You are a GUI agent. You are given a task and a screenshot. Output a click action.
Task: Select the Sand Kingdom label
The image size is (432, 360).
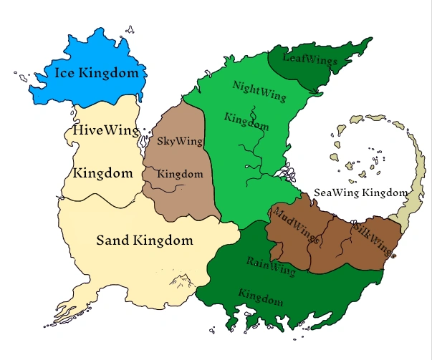pyautogui.click(x=145, y=240)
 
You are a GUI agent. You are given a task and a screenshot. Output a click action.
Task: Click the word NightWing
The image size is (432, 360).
pyautogui.click(x=259, y=91)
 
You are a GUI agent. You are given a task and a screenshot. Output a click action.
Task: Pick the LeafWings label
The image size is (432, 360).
pyautogui.click(x=309, y=59)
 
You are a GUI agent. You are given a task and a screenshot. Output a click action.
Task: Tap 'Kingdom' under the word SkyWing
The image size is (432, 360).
pyautogui.click(x=180, y=174)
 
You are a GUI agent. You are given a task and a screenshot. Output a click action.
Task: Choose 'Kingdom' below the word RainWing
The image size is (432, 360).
pyautogui.click(x=260, y=296)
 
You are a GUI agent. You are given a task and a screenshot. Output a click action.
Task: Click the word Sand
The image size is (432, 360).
pyautogui.click(x=112, y=240)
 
